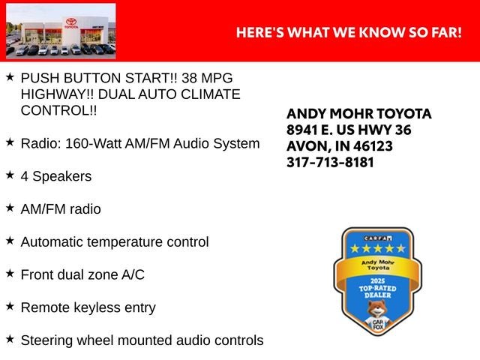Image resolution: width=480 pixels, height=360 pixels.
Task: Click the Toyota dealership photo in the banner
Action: pyautogui.click(x=61, y=31)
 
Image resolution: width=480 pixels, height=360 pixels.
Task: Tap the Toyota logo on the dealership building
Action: pyautogui.click(x=71, y=22)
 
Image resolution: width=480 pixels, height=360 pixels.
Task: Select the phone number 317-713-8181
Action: pyautogui.click(x=330, y=162)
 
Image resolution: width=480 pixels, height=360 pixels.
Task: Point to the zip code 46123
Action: pyautogui.click(x=373, y=146)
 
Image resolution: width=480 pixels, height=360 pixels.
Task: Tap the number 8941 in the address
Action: pyautogui.click(x=301, y=130)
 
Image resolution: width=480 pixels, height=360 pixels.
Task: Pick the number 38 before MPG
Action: pyautogui.click(x=189, y=78)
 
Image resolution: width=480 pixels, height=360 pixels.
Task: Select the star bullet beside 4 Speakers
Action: pyautogui.click(x=10, y=175)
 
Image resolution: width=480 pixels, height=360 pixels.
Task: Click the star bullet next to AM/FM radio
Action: pyautogui.click(x=10, y=208)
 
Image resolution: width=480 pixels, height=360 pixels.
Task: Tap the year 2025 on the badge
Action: pyautogui.click(x=377, y=280)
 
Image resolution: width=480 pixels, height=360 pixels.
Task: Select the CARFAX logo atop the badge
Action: pyautogui.click(x=378, y=238)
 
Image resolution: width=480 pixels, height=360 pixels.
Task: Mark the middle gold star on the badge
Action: pyautogui.click(x=378, y=248)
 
